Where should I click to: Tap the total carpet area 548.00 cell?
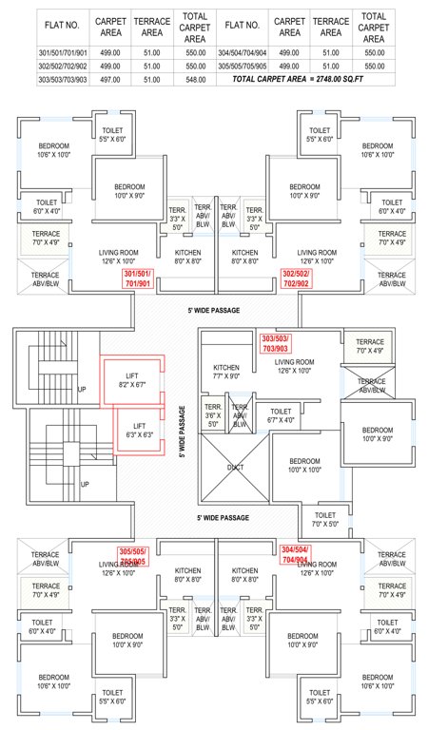(x=195, y=81)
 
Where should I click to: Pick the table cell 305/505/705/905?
(x=243, y=67)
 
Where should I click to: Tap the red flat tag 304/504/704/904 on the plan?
(x=297, y=554)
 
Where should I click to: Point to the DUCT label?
(x=235, y=467)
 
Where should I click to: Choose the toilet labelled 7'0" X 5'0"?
(x=325, y=518)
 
